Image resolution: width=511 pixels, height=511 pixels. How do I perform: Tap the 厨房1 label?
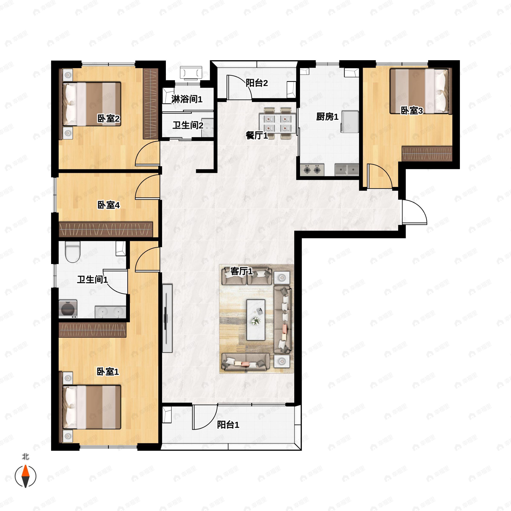[327, 116]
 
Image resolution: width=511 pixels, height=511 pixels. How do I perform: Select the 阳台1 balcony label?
[228, 425]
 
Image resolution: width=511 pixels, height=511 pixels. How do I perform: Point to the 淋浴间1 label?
[187, 99]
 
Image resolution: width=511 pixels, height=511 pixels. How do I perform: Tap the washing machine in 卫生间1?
[68, 309]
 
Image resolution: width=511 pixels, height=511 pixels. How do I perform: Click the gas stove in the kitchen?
[312, 169]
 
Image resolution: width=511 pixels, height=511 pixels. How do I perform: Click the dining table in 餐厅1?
[277, 123]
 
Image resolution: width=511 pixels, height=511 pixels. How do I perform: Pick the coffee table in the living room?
[256, 320]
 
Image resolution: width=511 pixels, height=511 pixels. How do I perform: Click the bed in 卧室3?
[419, 91]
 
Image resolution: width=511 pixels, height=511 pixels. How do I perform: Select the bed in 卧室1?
[92, 407]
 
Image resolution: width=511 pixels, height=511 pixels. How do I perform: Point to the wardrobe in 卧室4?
[106, 229]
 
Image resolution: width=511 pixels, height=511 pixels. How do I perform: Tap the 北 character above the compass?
[25, 457]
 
